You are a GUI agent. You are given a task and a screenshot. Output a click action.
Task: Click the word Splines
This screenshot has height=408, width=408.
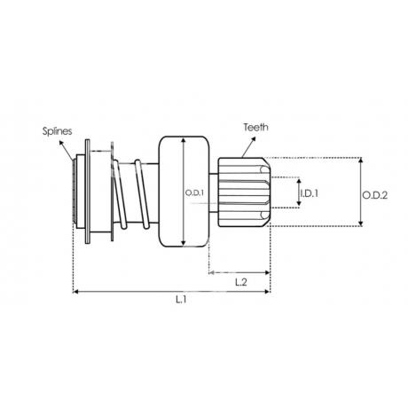coord(57,131)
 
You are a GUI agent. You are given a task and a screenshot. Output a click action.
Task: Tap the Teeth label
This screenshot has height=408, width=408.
coord(256,127)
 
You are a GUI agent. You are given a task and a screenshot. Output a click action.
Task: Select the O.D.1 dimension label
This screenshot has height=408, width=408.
coord(194,193)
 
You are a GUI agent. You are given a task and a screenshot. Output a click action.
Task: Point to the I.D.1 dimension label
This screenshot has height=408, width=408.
coord(310,193)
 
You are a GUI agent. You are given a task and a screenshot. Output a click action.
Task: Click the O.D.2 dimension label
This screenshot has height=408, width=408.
coord(375,195)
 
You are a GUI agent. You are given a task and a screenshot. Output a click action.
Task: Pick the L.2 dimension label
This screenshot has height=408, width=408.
coord(241,283)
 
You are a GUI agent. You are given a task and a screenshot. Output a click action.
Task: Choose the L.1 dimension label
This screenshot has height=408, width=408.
coord(181,300)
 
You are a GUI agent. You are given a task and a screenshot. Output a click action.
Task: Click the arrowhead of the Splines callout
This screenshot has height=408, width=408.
coord(61,143)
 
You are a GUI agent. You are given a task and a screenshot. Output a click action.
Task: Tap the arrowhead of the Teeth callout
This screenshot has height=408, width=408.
coord(253,139)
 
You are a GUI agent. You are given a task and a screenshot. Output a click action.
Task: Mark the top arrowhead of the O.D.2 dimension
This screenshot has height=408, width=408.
coord(361,161)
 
